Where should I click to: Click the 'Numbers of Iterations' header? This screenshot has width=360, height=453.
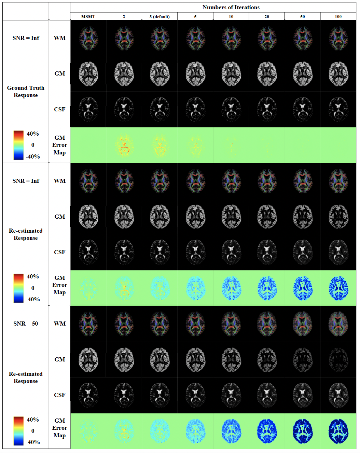(231, 7)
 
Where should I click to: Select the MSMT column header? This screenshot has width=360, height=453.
(88, 16)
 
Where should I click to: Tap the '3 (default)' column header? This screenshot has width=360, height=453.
(160, 16)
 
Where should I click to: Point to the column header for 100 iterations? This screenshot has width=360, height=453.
(338, 16)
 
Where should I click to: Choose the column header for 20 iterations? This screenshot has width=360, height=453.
(267, 16)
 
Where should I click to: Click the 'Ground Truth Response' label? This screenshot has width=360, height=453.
(26, 92)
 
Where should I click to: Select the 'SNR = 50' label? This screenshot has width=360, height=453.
(26, 324)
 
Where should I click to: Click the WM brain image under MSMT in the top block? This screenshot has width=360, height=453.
(88, 38)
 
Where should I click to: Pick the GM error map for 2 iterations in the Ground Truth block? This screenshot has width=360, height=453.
(124, 145)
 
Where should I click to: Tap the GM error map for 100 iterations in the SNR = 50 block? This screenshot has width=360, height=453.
(338, 431)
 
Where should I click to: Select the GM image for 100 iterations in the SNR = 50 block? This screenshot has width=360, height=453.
(338, 360)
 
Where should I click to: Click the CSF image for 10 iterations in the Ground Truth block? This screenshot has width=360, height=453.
(231, 109)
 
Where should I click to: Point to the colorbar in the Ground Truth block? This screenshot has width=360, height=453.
(18, 145)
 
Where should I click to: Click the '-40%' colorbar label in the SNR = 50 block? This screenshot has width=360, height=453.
(33, 442)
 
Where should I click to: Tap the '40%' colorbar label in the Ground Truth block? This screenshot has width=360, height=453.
(33, 134)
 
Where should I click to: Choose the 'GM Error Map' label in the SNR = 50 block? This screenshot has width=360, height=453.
(59, 428)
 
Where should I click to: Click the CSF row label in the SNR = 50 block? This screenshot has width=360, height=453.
(59, 395)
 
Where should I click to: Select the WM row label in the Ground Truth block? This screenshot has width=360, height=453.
(59, 38)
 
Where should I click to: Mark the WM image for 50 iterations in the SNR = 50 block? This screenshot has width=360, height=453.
(303, 324)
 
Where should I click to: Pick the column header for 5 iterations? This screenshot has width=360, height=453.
(195, 16)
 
